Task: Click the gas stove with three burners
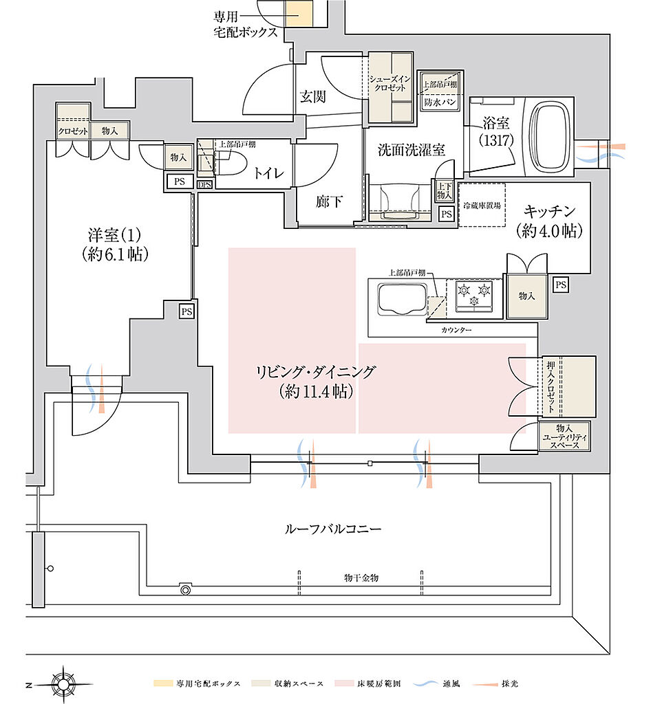coord(475,293)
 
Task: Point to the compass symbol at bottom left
coord(63,683)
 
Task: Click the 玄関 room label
coord(312,97)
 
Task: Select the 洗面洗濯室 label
coord(401,148)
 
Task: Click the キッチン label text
coord(549,211)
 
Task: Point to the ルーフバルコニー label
coord(332,529)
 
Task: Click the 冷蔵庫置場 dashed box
coord(481,204)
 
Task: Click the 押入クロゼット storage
coord(568,386)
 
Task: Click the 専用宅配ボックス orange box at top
coord(299,14)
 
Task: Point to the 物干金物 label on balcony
coord(361,577)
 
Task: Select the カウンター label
coord(456,331)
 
